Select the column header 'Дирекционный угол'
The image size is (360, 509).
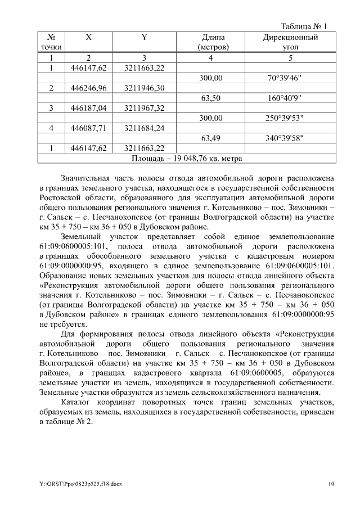(290, 42)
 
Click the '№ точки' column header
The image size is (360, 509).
(51, 42)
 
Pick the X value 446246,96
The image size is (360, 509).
(88, 88)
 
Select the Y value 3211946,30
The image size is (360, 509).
(144, 88)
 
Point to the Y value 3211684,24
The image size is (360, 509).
(144, 128)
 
